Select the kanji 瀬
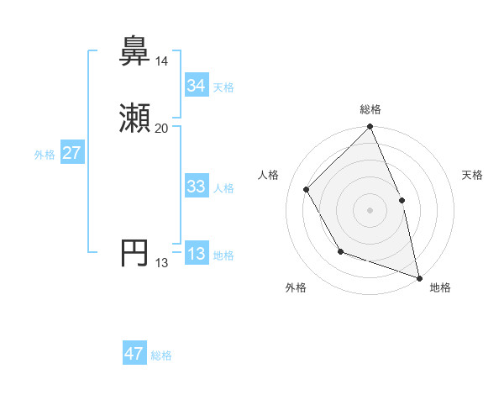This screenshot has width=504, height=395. [x=134, y=119]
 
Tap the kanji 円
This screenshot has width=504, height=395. [x=134, y=254]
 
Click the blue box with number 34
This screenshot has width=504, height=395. [x=197, y=86]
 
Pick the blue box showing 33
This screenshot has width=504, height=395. [x=197, y=187]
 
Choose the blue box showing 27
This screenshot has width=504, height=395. [x=71, y=154]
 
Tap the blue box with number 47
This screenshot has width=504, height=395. [x=134, y=354]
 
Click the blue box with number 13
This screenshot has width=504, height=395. [x=197, y=255]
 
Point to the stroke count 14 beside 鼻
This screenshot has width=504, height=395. [x=161, y=61]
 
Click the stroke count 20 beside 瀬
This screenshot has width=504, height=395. [x=161, y=129]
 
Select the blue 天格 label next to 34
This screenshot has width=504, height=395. [x=223, y=87]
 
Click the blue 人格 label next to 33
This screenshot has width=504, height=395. [x=223, y=188]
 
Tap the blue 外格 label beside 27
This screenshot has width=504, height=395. [x=45, y=155]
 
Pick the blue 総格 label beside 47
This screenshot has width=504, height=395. [x=161, y=355]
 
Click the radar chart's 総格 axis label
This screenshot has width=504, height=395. [x=370, y=109]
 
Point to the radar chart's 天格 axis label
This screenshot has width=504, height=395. [x=473, y=175]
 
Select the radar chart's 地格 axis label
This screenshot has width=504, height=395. [x=440, y=287]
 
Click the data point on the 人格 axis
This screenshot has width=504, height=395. [x=307, y=189]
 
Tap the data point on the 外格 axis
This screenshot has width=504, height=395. [x=340, y=251]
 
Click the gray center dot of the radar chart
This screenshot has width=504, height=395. [x=370, y=210]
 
